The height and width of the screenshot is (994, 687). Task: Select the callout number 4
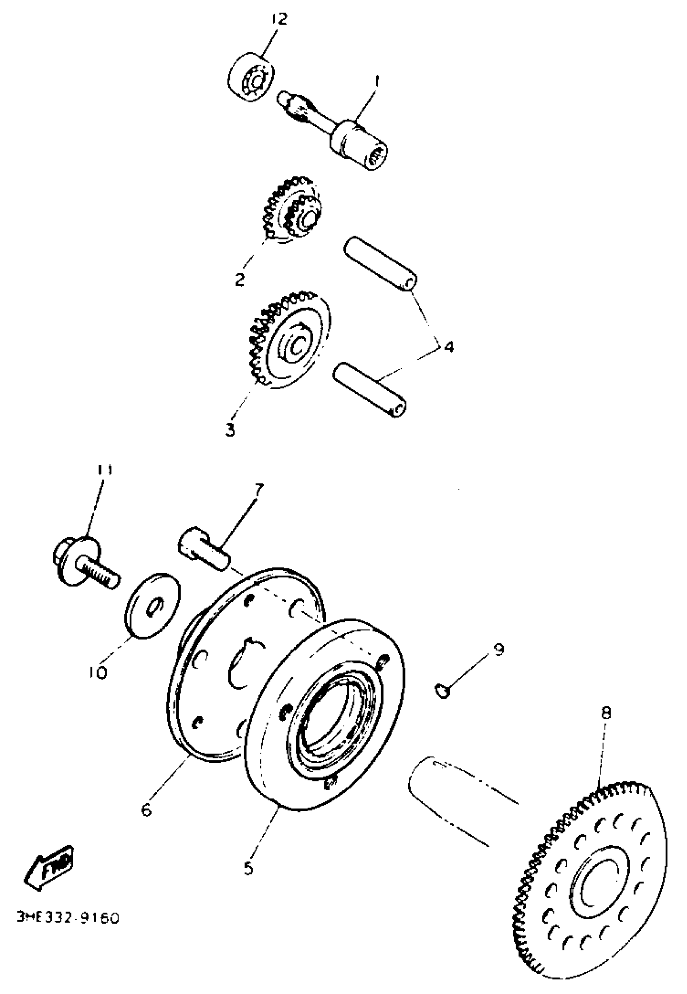[449, 346]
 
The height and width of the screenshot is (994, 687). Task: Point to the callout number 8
[606, 713]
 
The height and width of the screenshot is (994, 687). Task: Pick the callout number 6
[147, 810]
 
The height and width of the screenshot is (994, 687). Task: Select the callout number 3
[230, 430]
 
